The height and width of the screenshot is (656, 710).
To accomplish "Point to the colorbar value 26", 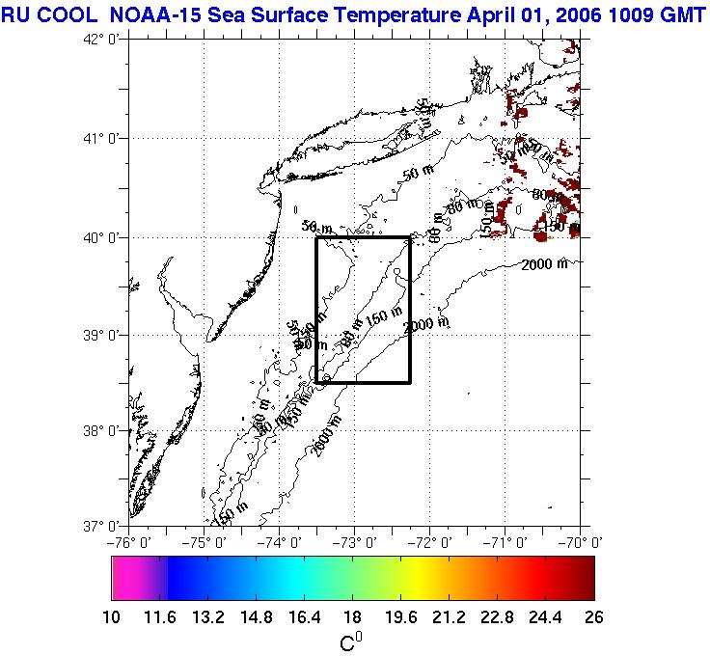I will click(x=593, y=618).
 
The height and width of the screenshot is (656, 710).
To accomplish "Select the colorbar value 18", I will click(x=353, y=618).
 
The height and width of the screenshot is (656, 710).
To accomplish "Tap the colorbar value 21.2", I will click(x=449, y=618).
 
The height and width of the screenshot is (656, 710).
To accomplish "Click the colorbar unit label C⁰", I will click(x=352, y=642).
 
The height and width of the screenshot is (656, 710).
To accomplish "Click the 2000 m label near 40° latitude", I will click(x=544, y=264).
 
